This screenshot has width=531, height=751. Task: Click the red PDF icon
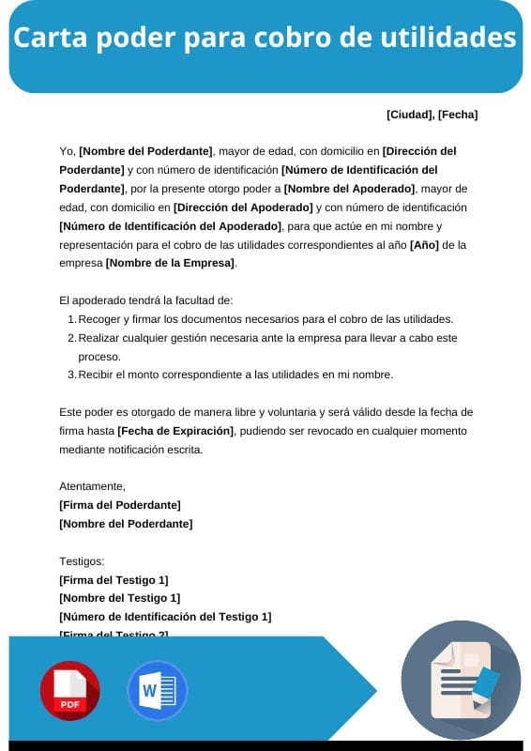69,691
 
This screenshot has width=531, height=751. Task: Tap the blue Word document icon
157,691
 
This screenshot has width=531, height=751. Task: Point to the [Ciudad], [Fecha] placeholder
432,115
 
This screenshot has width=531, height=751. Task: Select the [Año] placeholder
424,244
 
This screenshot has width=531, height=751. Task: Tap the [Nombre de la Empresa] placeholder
170,263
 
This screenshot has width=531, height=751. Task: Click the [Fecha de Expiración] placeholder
174,431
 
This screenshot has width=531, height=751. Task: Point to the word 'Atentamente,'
92,486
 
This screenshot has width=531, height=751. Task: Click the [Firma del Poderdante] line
119,505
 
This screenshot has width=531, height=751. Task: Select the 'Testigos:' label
82,561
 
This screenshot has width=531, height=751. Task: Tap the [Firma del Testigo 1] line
114,580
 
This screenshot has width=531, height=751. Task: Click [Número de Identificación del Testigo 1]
165,617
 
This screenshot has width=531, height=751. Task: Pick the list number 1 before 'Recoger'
71,319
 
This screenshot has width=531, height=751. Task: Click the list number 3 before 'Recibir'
71,375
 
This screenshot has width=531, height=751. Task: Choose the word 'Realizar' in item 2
99,338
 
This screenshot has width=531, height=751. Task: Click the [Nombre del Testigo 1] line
119,598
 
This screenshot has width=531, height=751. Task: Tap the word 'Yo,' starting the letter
67,151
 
